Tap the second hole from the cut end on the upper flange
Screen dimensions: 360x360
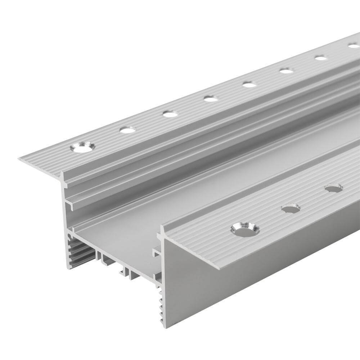(x=128, y=130)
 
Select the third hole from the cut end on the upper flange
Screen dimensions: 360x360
(x=170, y=114)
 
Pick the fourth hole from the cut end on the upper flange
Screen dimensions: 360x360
(x=211, y=98)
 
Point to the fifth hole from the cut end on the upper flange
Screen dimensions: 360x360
(x=249, y=84)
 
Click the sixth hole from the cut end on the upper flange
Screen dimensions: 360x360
(x=287, y=71)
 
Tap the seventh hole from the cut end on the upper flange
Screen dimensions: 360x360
(x=320, y=58)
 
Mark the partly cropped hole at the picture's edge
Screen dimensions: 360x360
(x=354, y=45)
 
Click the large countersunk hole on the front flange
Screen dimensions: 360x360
(x=245, y=229)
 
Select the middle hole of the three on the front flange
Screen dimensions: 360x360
(x=291, y=208)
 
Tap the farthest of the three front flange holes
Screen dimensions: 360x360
(x=333, y=188)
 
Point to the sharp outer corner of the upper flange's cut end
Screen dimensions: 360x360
(x=19, y=158)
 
